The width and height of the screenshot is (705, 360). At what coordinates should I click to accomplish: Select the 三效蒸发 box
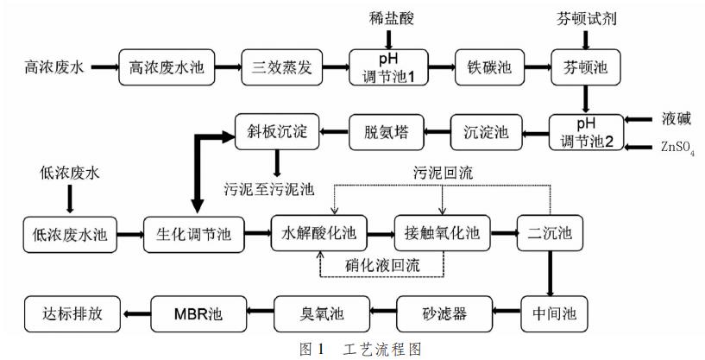click(280, 66)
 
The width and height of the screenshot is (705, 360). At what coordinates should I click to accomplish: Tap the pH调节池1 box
click(387, 66)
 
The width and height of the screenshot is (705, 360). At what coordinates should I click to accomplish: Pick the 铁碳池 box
click(486, 66)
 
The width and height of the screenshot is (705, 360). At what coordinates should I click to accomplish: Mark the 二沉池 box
click(550, 233)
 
